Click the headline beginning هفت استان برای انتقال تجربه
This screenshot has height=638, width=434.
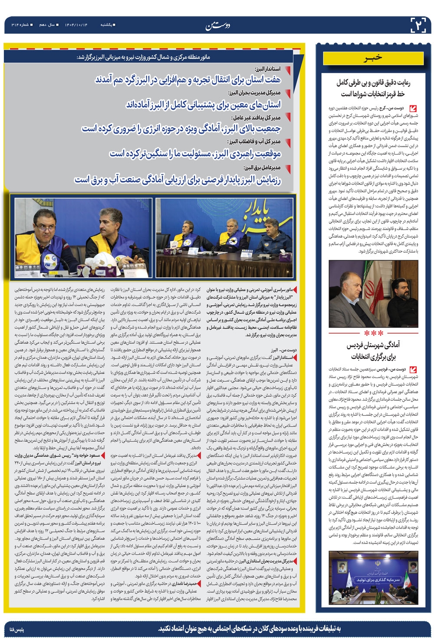click(x=188, y=80)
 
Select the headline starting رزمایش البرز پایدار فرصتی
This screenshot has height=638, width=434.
click(x=178, y=179)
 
